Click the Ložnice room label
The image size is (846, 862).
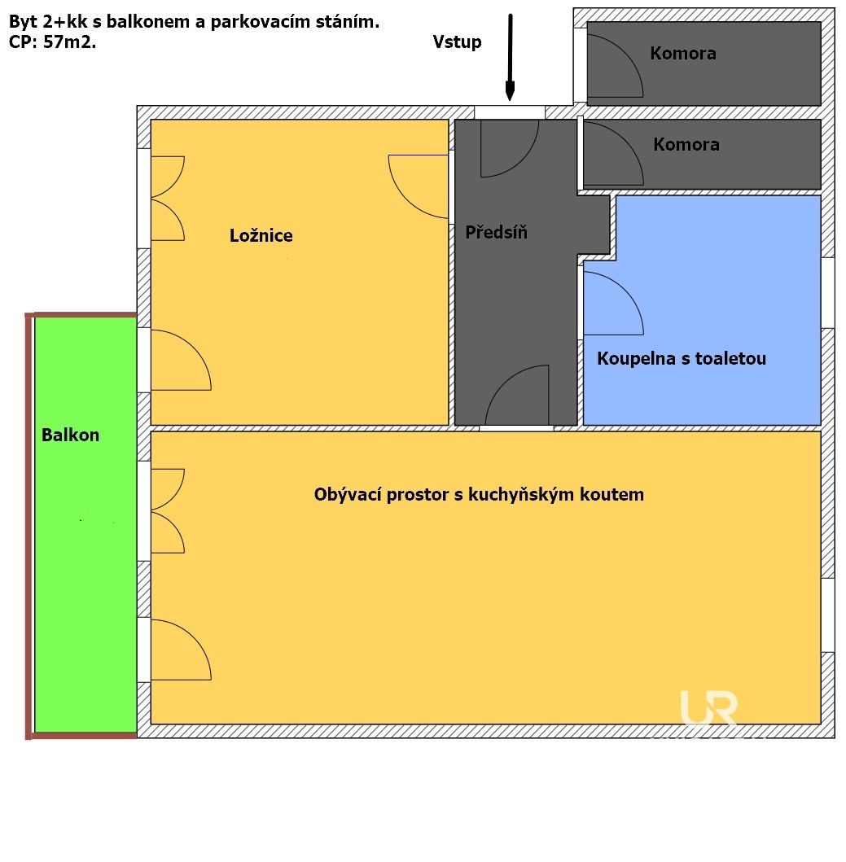pyautogui.click(x=261, y=236)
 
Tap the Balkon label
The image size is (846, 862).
pyautogui.click(x=71, y=435)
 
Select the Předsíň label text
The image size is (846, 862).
pyautogui.click(x=496, y=233)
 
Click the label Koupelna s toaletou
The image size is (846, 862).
pyautogui.click(x=682, y=359)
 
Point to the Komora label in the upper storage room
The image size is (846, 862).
pyautogui.click(x=683, y=54)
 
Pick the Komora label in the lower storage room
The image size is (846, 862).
pyautogui.click(x=686, y=145)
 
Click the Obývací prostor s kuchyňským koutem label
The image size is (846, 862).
pyautogui.click(x=479, y=495)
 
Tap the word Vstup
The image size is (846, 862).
pyautogui.click(x=457, y=42)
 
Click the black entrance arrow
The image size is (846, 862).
pyautogui.click(x=511, y=57)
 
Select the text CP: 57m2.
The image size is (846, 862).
pyautogui.click(x=52, y=42)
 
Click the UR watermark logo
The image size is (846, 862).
pyautogui.click(x=708, y=708)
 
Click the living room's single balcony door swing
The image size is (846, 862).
pyautogui.click(x=179, y=651)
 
